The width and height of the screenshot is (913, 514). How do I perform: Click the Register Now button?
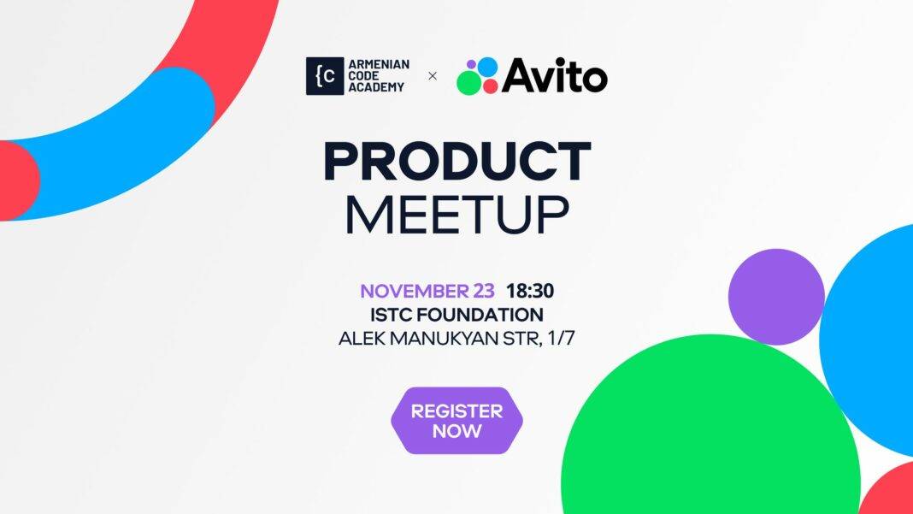tap(456, 421)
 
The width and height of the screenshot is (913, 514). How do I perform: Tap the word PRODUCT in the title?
tap(457, 162)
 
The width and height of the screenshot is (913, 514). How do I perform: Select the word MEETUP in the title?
tap(457, 215)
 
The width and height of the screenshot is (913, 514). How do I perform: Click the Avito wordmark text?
tap(554, 75)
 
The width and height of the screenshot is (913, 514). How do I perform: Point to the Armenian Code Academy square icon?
tap(325, 76)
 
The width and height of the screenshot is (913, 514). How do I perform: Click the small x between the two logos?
tap(432, 76)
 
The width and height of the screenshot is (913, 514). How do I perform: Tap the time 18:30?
tap(530, 290)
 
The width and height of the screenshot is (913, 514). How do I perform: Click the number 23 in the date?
tap(483, 290)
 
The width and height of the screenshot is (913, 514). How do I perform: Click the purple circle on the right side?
tap(776, 297)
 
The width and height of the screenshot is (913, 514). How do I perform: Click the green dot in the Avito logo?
tap(468, 83)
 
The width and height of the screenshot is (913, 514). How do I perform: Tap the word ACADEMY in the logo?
tap(376, 87)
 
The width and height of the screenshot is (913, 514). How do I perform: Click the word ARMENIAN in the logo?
tap(379, 64)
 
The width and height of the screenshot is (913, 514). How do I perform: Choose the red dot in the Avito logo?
tap(491, 86)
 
